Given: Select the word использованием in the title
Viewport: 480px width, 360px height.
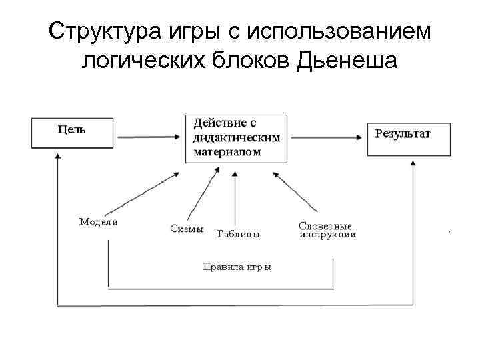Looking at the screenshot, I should [x=346, y=31].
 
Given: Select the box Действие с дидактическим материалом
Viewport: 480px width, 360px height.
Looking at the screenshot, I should [x=236, y=138].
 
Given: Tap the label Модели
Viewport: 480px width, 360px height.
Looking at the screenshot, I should [x=98, y=223].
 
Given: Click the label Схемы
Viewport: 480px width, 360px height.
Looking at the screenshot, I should [x=187, y=229].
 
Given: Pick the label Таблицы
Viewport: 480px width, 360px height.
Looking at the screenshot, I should [x=238, y=234].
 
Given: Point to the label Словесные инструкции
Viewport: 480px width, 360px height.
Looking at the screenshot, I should [x=327, y=231].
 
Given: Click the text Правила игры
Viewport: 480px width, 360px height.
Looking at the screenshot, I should [x=237, y=267].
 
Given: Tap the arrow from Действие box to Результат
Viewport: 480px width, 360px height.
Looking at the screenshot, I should [x=327, y=137].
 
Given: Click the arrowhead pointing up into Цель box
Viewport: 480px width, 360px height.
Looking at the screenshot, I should [x=58, y=157].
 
